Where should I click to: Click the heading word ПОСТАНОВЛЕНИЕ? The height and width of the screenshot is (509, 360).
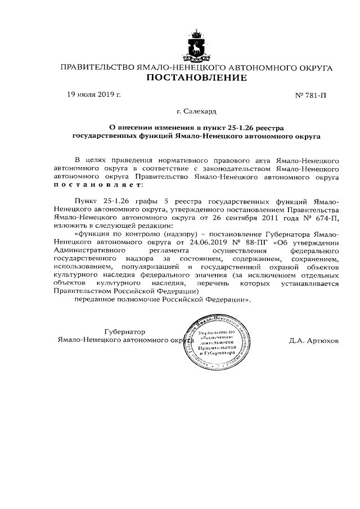click(196, 78)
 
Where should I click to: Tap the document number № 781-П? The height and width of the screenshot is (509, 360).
click(310, 96)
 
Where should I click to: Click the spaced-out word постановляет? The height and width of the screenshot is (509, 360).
click(98, 184)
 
